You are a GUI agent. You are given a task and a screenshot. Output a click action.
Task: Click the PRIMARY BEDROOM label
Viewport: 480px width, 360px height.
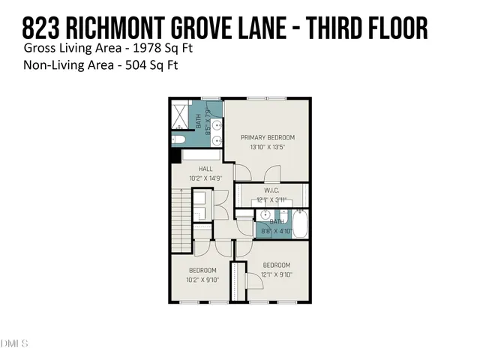tap(267, 138)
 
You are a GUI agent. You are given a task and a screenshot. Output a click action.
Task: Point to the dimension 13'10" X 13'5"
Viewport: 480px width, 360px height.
tap(267, 148)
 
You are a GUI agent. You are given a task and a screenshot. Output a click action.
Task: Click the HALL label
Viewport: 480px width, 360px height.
tap(205, 169)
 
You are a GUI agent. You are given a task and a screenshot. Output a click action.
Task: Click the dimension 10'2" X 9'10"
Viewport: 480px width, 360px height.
tap(202, 280)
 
